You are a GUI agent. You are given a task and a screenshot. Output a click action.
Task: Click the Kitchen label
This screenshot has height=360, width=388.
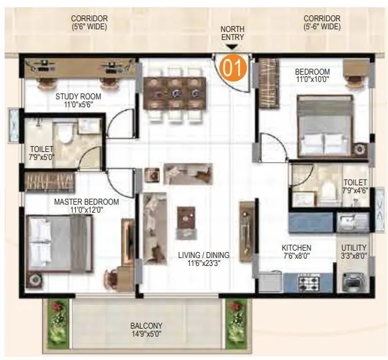tap(296, 252)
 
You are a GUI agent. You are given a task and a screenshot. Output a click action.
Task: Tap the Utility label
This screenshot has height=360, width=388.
tap(354, 251)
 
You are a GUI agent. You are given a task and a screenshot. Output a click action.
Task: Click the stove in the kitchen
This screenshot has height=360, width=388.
tap(307, 283)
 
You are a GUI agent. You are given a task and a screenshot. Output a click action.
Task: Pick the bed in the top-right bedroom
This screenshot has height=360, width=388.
tap(325, 126)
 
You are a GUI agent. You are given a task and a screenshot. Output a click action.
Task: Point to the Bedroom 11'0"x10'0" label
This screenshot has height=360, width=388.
tap(312, 75)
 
